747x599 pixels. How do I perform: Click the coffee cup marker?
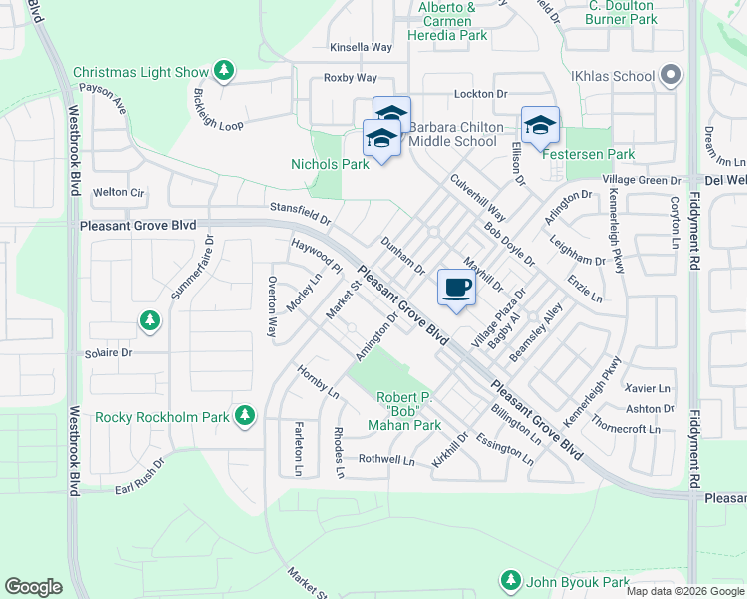point(456,288)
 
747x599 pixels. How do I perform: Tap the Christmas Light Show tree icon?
point(226,72)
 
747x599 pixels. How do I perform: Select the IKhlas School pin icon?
point(671,76)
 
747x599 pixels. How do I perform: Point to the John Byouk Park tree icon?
point(511,581)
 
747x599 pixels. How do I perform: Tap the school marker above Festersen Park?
point(540,124)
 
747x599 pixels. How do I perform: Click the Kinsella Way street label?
point(362,47)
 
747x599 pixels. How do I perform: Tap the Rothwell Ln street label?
point(386,460)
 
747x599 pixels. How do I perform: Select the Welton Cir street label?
point(118,192)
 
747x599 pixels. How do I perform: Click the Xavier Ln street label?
point(648,387)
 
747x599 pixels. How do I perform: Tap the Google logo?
point(33,587)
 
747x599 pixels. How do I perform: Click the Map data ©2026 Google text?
point(684,591)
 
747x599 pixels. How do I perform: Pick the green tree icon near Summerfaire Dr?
point(149,320)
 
